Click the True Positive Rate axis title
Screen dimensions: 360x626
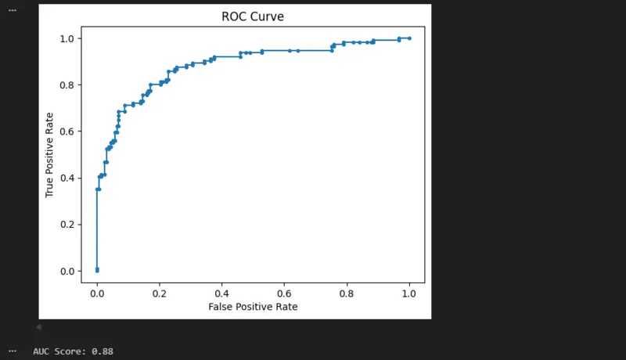pos(50,154)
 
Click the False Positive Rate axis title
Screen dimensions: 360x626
pos(253,307)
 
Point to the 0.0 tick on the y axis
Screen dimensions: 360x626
pos(67,272)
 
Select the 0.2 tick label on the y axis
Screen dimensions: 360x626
pos(67,225)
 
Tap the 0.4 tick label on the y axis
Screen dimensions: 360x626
pos(67,178)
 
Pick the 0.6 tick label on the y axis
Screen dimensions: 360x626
pos(67,131)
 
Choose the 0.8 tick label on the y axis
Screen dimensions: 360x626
pos(67,85)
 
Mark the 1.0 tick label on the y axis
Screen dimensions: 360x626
pos(67,38)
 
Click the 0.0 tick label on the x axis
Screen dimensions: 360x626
pos(97,293)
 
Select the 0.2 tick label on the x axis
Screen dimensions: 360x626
pos(160,293)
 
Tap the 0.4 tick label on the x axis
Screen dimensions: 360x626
pos(221,293)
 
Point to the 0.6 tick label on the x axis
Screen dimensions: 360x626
pos(284,293)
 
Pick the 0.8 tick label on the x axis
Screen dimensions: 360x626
pos(347,293)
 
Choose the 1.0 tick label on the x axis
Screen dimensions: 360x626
pos(409,293)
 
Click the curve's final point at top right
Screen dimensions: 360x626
pos(409,38)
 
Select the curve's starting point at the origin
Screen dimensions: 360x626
pos(97,271)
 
